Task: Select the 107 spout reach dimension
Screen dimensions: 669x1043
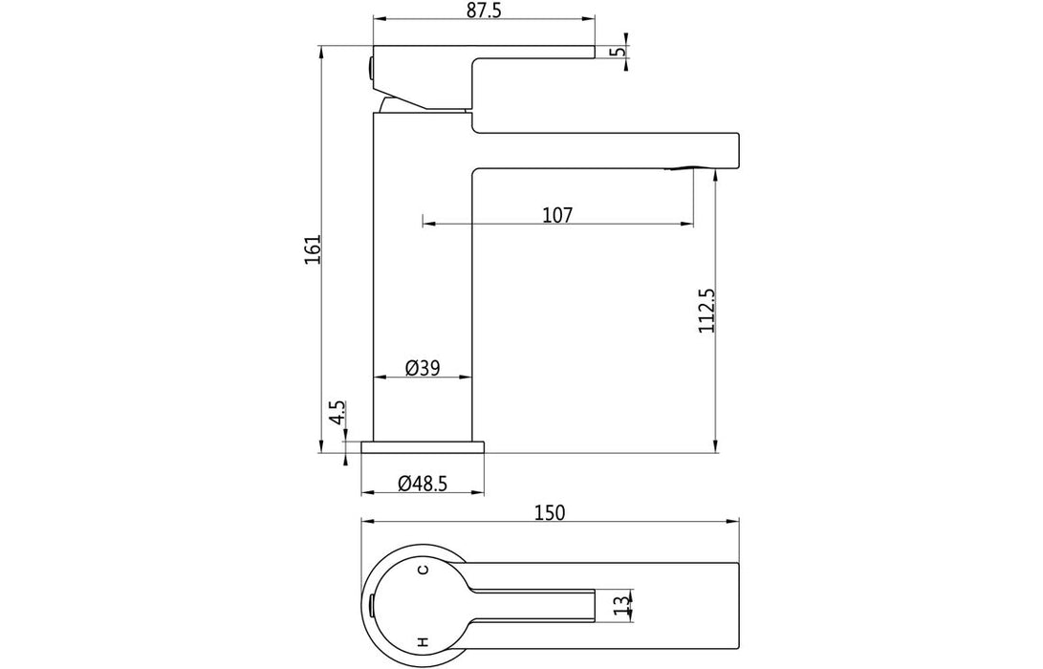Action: click(x=556, y=215)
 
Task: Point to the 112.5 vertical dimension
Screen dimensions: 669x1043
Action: click(x=706, y=312)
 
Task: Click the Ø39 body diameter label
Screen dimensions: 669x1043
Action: click(x=422, y=368)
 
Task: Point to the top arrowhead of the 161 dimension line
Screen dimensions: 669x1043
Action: click(x=321, y=49)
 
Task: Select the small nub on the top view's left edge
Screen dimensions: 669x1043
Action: click(x=370, y=604)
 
